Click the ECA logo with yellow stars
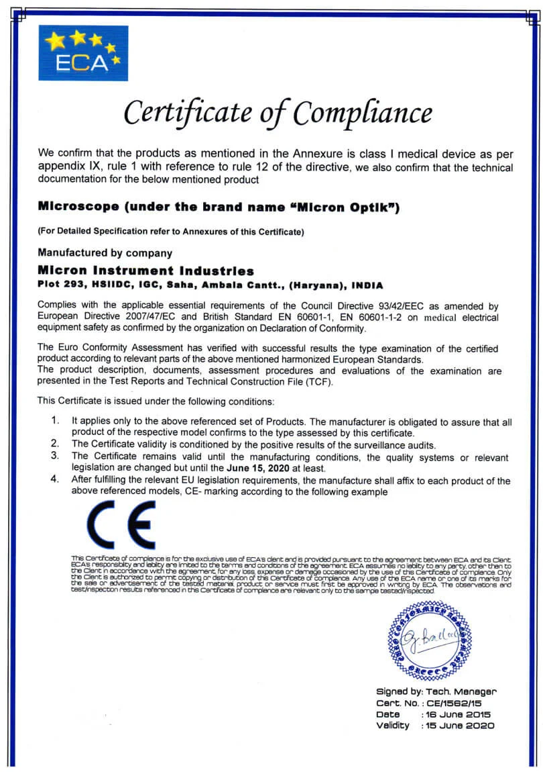[83, 52]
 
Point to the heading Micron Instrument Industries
[145, 271]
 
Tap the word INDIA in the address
[367, 285]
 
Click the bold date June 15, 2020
[257, 468]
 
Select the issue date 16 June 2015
[459, 714]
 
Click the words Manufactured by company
[105, 253]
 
